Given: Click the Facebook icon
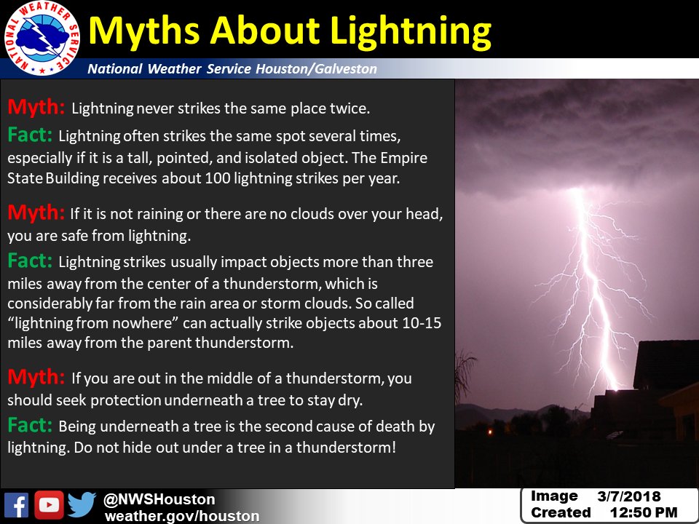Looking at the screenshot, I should tap(16, 505).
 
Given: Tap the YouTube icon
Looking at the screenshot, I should tap(50, 505).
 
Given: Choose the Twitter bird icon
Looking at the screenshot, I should tap(82, 505).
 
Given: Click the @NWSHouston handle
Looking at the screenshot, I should tap(159, 499).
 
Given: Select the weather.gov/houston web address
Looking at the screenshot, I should tap(181, 516).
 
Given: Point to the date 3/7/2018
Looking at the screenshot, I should tap(629, 497).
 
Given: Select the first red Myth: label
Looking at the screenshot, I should tap(36, 108).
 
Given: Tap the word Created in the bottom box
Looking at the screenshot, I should tap(561, 513).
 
